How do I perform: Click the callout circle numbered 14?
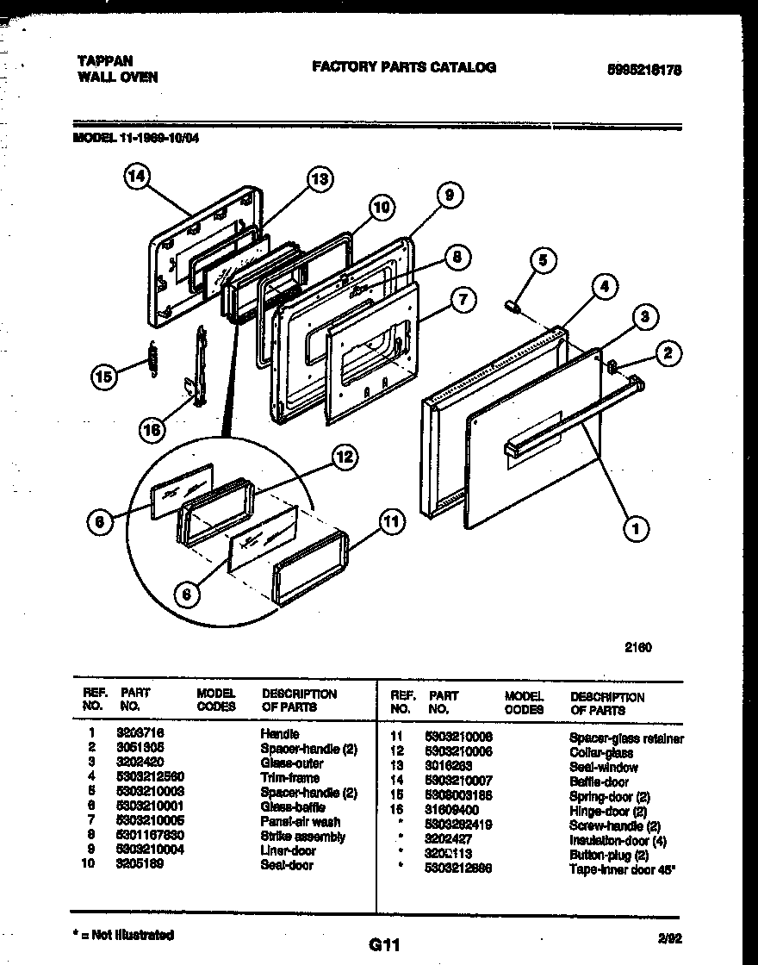(x=135, y=178)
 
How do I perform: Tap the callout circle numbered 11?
(x=391, y=520)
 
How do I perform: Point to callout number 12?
(x=345, y=458)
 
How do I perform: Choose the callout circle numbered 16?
(x=152, y=431)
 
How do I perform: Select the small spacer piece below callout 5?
(x=513, y=305)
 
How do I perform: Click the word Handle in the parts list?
(x=279, y=734)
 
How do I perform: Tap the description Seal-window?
(x=603, y=767)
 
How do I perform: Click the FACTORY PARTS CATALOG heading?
(x=403, y=66)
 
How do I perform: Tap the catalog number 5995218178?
(x=645, y=72)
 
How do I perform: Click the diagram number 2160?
(x=637, y=648)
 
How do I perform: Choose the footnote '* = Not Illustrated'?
(x=122, y=935)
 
